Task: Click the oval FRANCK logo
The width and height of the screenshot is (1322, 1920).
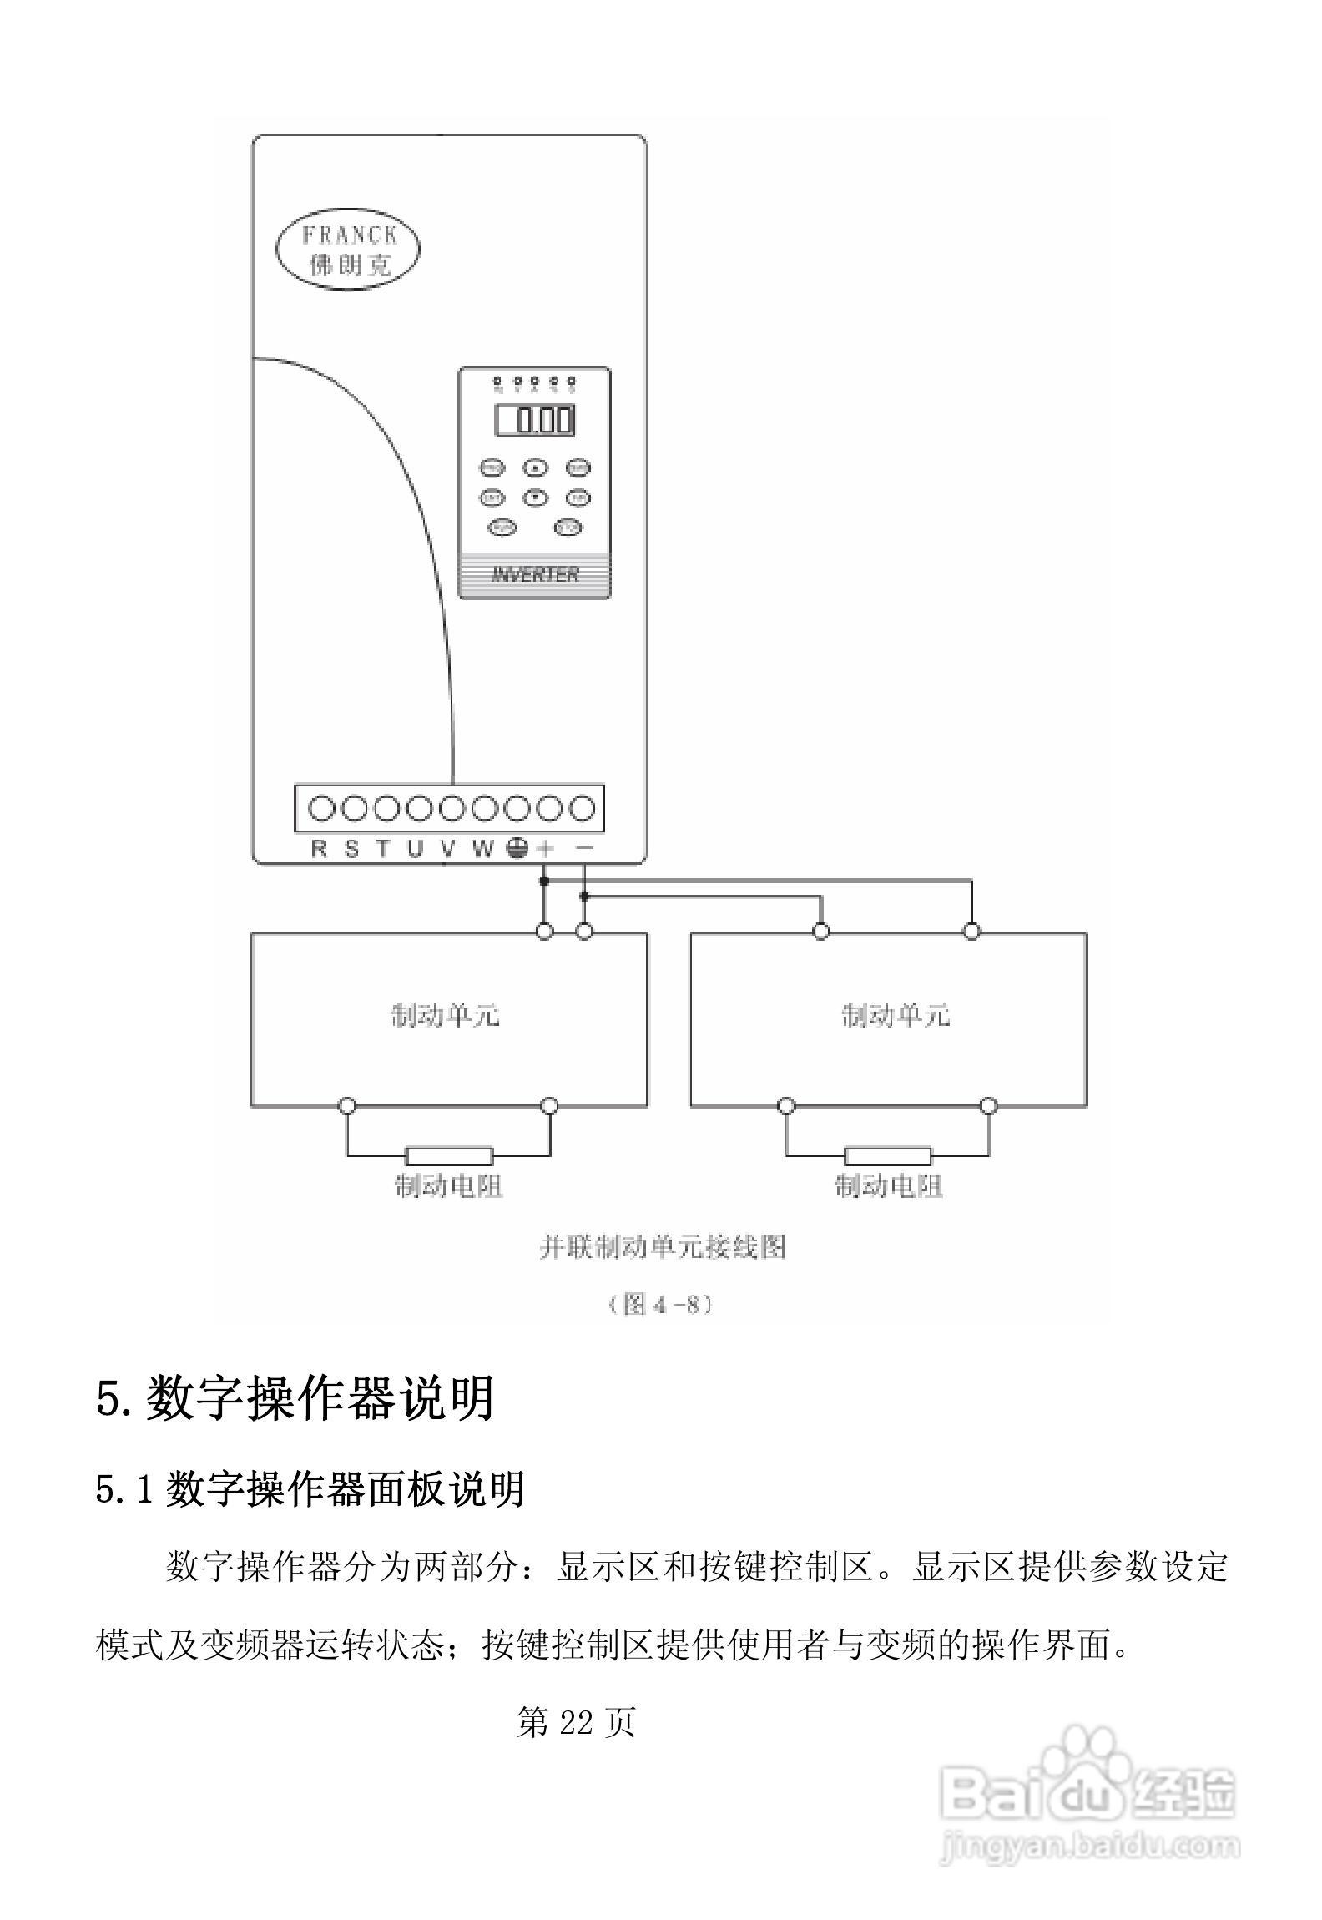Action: tap(347, 248)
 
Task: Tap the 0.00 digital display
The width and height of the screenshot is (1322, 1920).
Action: tap(535, 420)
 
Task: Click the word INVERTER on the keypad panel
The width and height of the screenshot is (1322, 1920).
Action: tap(535, 574)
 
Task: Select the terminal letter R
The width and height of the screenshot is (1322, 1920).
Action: tap(319, 849)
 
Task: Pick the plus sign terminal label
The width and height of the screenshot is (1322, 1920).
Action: tap(546, 849)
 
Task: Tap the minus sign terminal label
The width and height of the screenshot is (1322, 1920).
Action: tap(585, 848)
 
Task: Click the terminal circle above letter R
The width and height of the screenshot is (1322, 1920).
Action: tap(321, 808)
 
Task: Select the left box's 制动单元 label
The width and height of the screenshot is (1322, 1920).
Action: tap(446, 1016)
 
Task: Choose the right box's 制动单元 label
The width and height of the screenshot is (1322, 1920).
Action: tap(895, 1016)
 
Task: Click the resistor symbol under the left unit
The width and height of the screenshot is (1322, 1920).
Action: tap(449, 1156)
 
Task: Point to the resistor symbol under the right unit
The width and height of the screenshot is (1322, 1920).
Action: tap(887, 1156)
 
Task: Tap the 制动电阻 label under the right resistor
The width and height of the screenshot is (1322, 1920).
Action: tap(889, 1186)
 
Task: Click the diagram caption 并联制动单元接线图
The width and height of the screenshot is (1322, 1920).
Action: tap(662, 1247)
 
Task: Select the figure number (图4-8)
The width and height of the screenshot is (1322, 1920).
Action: tap(660, 1304)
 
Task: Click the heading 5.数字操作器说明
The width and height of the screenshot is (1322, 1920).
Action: tap(295, 1399)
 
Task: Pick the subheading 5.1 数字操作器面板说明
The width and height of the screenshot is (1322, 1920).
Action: tap(310, 1489)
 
